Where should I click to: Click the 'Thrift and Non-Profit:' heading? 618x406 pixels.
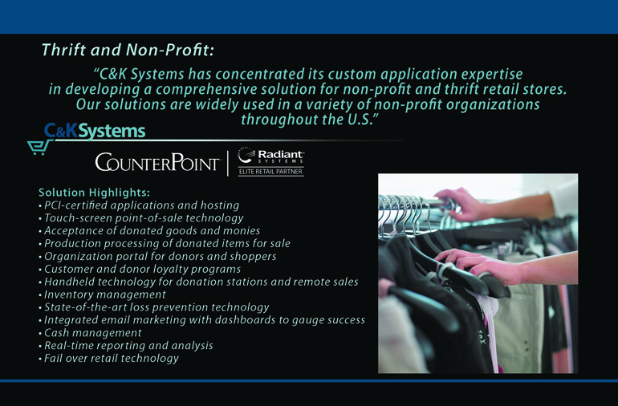pos(128,50)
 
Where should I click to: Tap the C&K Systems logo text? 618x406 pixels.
pos(95,131)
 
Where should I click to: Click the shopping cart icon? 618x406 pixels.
pos(39,147)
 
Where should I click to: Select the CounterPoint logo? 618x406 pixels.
pos(157,162)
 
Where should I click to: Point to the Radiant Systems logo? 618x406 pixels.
pos(270,156)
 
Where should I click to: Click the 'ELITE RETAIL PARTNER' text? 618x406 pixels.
pos(270,172)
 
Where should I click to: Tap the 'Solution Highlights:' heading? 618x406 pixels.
pos(94,193)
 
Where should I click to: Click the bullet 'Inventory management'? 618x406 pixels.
pos(105,294)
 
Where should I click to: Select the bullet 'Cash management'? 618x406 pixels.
pos(92,333)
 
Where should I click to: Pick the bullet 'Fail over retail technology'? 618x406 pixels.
pos(111,359)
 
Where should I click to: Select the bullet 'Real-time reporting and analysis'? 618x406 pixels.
pos(128,345)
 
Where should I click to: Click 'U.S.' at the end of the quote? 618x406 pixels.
pos(362,119)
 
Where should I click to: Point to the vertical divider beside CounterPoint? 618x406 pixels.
pos(228,163)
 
